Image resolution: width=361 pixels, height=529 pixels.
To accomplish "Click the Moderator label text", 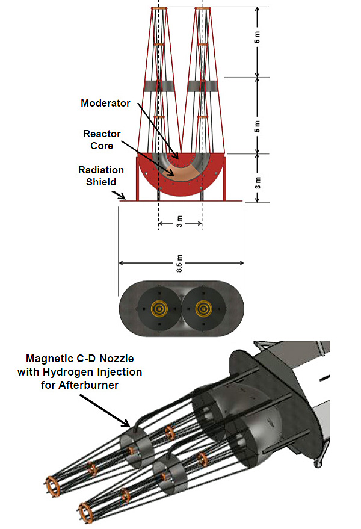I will click(105, 103).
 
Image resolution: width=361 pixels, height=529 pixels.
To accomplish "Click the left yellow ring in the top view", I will click(159, 308).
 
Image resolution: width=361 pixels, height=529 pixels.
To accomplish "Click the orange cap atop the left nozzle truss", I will click(159, 8).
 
